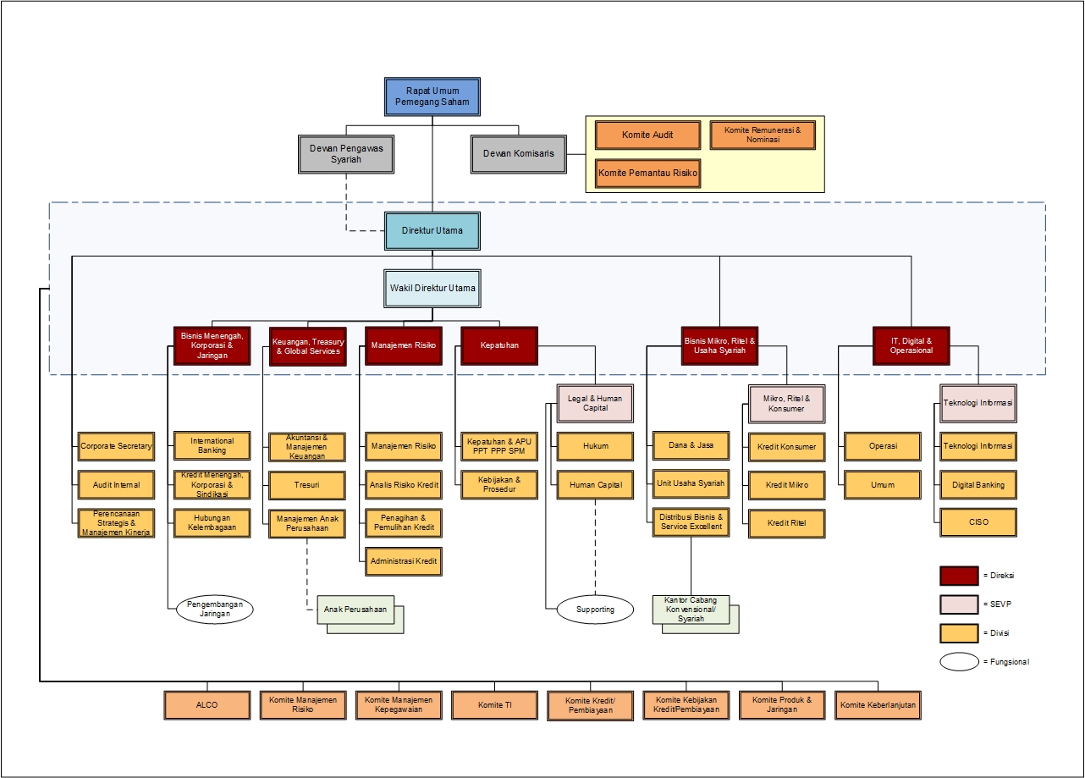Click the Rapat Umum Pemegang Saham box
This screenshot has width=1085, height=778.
point(432,97)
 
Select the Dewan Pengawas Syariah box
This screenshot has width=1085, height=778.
point(347,153)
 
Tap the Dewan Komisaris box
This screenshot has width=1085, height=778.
point(519,154)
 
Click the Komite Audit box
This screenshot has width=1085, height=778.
point(647,135)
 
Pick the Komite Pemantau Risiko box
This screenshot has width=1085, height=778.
point(647,173)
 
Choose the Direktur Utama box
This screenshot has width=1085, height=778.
point(432,230)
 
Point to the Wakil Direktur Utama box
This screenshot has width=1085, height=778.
point(432,289)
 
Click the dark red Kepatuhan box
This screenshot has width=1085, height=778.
point(499,345)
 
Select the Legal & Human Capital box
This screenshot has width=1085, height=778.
point(595,403)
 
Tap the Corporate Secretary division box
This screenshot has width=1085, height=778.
point(116,446)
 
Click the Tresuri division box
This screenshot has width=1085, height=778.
point(306,486)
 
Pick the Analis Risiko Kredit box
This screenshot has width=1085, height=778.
point(404,486)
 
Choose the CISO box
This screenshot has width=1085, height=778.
point(978,522)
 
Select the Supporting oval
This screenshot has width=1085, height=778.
point(595,610)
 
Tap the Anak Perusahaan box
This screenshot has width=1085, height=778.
point(356,610)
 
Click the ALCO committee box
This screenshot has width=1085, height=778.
point(207,705)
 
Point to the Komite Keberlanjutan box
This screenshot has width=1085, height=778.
point(878,705)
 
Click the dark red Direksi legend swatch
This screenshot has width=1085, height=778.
point(959,576)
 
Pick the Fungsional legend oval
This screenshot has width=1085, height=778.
point(959,662)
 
